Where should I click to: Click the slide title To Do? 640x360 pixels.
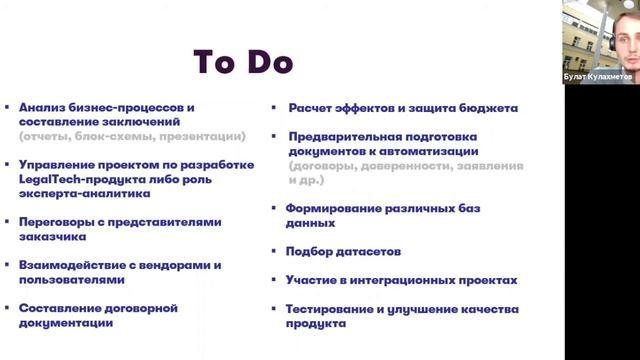(x=243, y=62)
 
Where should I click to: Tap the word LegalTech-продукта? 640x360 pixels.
(x=77, y=179)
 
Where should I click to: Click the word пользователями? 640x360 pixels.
(x=70, y=280)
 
